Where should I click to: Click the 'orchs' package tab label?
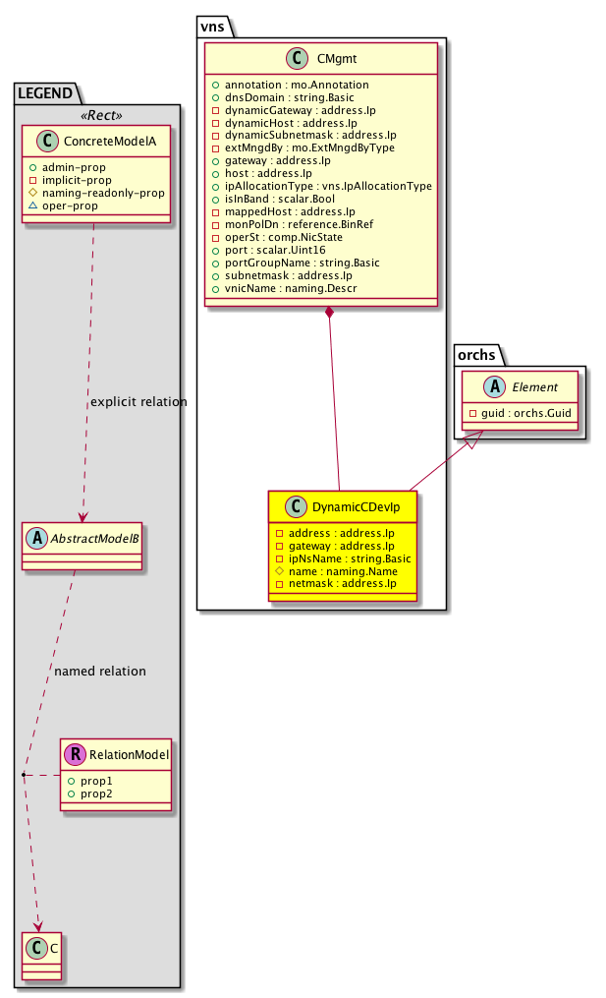point(475,354)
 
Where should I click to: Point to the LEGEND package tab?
point(45,93)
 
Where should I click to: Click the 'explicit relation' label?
point(138,401)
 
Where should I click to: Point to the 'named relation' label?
point(100,671)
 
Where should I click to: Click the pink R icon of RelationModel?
point(75,754)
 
